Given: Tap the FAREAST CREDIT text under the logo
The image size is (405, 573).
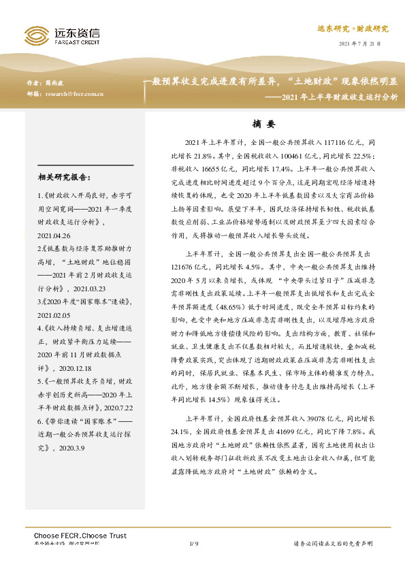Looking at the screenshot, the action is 76,41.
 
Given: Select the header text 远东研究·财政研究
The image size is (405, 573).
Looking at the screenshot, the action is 353,29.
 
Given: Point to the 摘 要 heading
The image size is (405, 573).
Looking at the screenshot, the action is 263,125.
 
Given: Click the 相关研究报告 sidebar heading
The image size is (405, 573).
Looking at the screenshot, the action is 64,178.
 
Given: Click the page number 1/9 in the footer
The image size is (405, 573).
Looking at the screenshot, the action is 193,544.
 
